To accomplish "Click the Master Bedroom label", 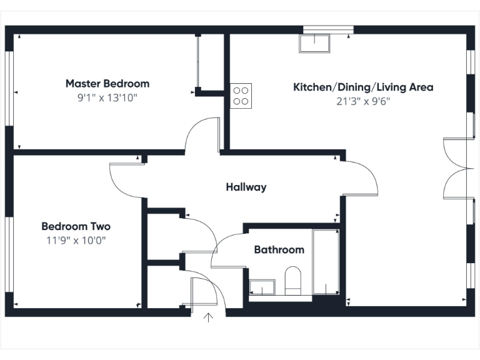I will pyautogui.click(x=107, y=84).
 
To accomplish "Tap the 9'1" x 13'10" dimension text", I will pyautogui.click(x=107, y=97).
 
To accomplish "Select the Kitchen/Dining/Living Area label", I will pyautogui.click(x=363, y=87).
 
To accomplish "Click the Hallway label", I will pyautogui.click(x=246, y=187).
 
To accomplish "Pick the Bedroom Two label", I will pyautogui.click(x=76, y=226).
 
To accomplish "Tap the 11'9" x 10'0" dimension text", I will pyautogui.click(x=76, y=240).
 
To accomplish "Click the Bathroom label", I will pyautogui.click(x=279, y=250).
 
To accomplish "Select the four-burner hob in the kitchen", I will pyautogui.click(x=241, y=96).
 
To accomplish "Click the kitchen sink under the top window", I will pyautogui.click(x=315, y=43).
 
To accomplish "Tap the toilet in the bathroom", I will pyautogui.click(x=292, y=280).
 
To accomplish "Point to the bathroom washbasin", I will pyautogui.click(x=261, y=287).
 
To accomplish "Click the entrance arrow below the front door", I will pyautogui.click(x=209, y=319).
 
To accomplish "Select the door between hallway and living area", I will pyautogui.click(x=362, y=178).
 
